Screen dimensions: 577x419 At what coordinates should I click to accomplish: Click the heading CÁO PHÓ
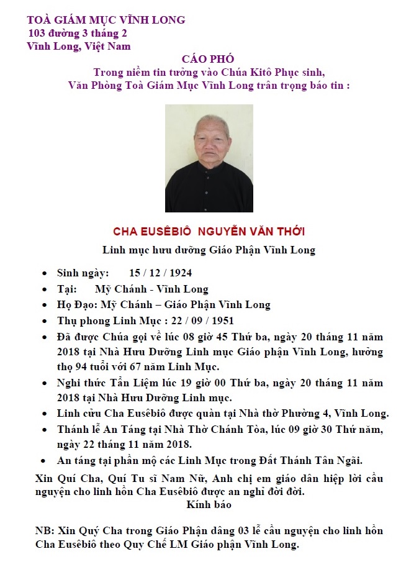pos(208,59)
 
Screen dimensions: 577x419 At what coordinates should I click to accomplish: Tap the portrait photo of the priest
pos(209,158)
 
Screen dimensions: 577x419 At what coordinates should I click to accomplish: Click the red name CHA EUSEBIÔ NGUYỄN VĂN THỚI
pos(209,232)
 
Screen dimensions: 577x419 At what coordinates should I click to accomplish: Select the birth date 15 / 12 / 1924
pos(161,273)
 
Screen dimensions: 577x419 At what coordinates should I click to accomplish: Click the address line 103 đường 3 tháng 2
pos(78,33)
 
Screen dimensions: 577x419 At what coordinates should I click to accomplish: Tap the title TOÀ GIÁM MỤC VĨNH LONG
pos(106,20)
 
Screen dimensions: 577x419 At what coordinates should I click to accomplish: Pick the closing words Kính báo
pos(209,504)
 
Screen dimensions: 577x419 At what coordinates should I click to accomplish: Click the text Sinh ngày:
pos(83,273)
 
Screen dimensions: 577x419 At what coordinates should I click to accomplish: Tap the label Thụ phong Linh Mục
pos(109,321)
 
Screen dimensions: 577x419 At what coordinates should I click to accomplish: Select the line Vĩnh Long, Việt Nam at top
pos(78,46)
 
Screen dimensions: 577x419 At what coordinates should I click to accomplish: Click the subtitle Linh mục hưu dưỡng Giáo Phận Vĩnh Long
pos(209,250)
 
